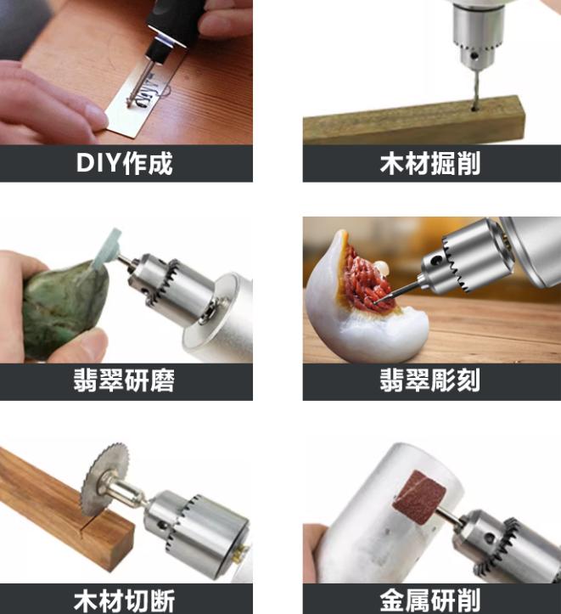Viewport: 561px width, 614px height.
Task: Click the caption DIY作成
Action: coord(125,163)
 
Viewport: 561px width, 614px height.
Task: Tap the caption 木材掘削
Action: coord(430,163)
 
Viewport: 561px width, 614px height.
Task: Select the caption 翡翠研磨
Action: coord(125,380)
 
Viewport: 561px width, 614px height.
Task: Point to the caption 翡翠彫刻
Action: coord(430,380)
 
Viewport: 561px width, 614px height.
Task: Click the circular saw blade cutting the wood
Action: coord(104,483)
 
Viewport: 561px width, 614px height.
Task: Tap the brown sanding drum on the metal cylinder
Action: coord(420,497)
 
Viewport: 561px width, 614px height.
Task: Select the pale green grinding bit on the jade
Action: coord(107,248)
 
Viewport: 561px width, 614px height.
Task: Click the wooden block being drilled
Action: coord(413,121)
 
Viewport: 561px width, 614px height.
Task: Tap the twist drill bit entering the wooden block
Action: coord(474,87)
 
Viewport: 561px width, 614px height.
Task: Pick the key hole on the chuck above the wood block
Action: coord(474,56)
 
